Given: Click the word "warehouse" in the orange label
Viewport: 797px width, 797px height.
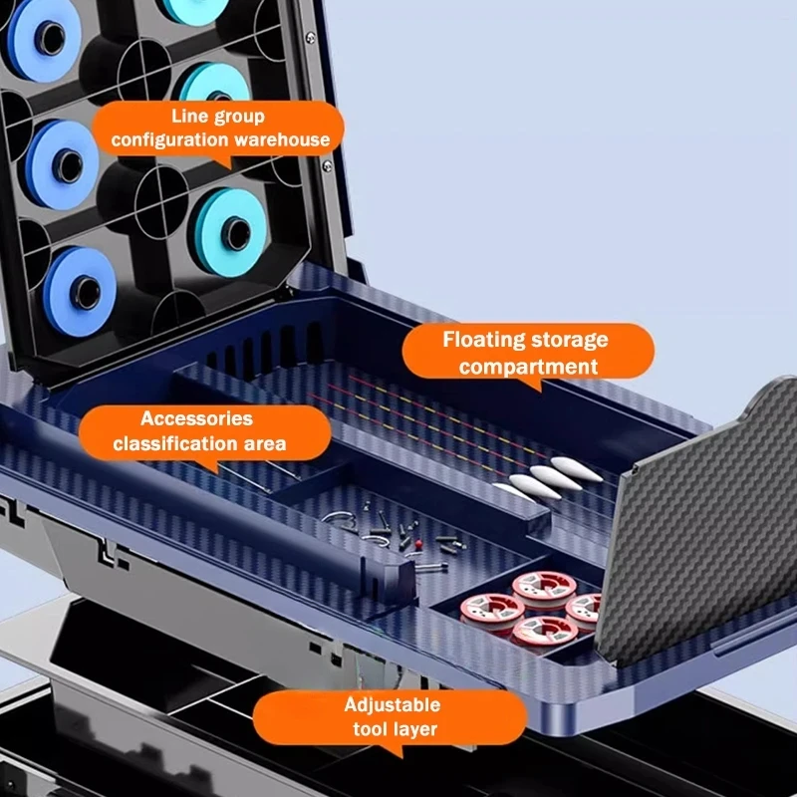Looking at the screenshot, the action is (282, 139).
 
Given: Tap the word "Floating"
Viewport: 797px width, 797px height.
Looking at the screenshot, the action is (477, 339).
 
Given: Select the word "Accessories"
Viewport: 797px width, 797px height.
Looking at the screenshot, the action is (196, 418).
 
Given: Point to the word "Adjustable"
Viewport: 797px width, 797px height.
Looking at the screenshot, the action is (393, 705).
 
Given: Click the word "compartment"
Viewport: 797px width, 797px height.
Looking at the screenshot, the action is (528, 367).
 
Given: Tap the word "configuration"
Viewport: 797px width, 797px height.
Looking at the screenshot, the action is (169, 139).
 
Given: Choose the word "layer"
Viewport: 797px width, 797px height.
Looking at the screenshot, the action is (414, 729).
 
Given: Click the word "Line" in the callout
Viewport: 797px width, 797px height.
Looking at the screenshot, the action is (187, 116).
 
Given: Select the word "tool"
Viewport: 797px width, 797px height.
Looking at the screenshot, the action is (370, 729).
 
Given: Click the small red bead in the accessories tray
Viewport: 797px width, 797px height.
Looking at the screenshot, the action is (418, 544).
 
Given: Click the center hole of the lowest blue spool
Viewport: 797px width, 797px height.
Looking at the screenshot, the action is (86, 293).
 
